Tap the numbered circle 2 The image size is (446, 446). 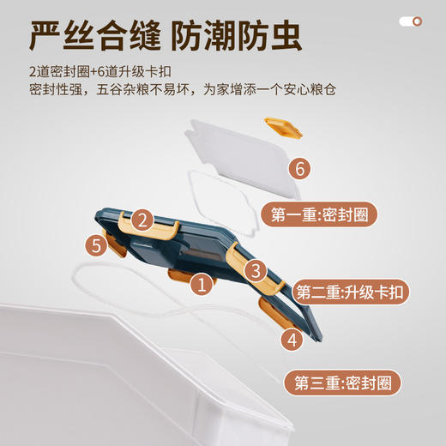coord(142,220)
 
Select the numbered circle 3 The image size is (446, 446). coord(255,270)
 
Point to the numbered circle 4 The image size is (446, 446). coord(292,340)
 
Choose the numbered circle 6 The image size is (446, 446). coord(298,169)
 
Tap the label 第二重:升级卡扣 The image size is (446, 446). coord(352,292)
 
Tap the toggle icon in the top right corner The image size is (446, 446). coord(412,21)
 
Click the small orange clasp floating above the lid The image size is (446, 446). coord(284,130)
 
